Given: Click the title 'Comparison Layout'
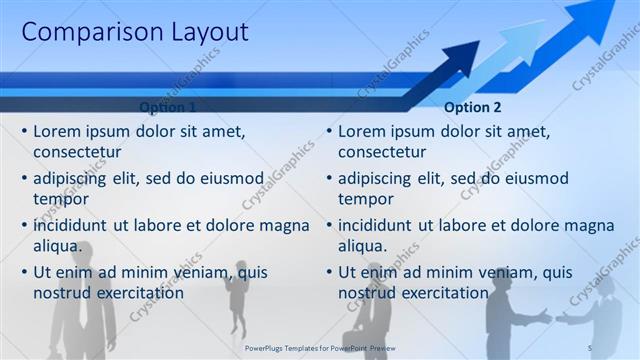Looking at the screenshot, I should pyautogui.click(x=135, y=32).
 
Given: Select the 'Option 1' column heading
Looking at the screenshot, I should pyautogui.click(x=167, y=107).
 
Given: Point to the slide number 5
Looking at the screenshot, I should pyautogui.click(x=590, y=346).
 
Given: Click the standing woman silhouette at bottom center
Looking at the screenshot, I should pyautogui.click(x=238, y=300).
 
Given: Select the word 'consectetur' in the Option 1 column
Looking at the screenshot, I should pyautogui.click(x=78, y=152).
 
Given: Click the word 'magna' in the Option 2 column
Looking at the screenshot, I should pyautogui.click(x=585, y=225).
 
